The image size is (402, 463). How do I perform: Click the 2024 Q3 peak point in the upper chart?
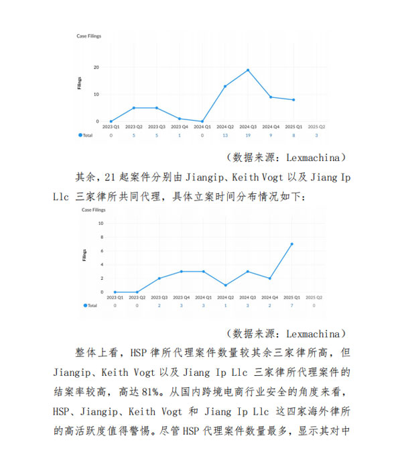(248, 70)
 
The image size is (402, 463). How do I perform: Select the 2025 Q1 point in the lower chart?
(291, 244)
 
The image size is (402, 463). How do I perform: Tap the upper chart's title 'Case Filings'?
(88, 36)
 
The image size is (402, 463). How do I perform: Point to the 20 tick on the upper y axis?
(97, 67)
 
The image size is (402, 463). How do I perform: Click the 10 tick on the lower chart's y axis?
(100, 223)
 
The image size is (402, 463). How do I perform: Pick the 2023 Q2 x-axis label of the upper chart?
(134, 126)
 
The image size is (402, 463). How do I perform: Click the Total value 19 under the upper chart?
(248, 135)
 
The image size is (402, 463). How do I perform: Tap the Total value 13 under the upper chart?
(225, 135)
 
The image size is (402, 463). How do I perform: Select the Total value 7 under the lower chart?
(291, 305)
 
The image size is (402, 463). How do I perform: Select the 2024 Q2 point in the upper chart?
(225, 86)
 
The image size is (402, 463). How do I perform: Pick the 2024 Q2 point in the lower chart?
(226, 285)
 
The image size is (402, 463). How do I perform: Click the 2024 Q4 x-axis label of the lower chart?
(270, 297)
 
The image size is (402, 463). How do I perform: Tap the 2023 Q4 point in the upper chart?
(180, 118)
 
